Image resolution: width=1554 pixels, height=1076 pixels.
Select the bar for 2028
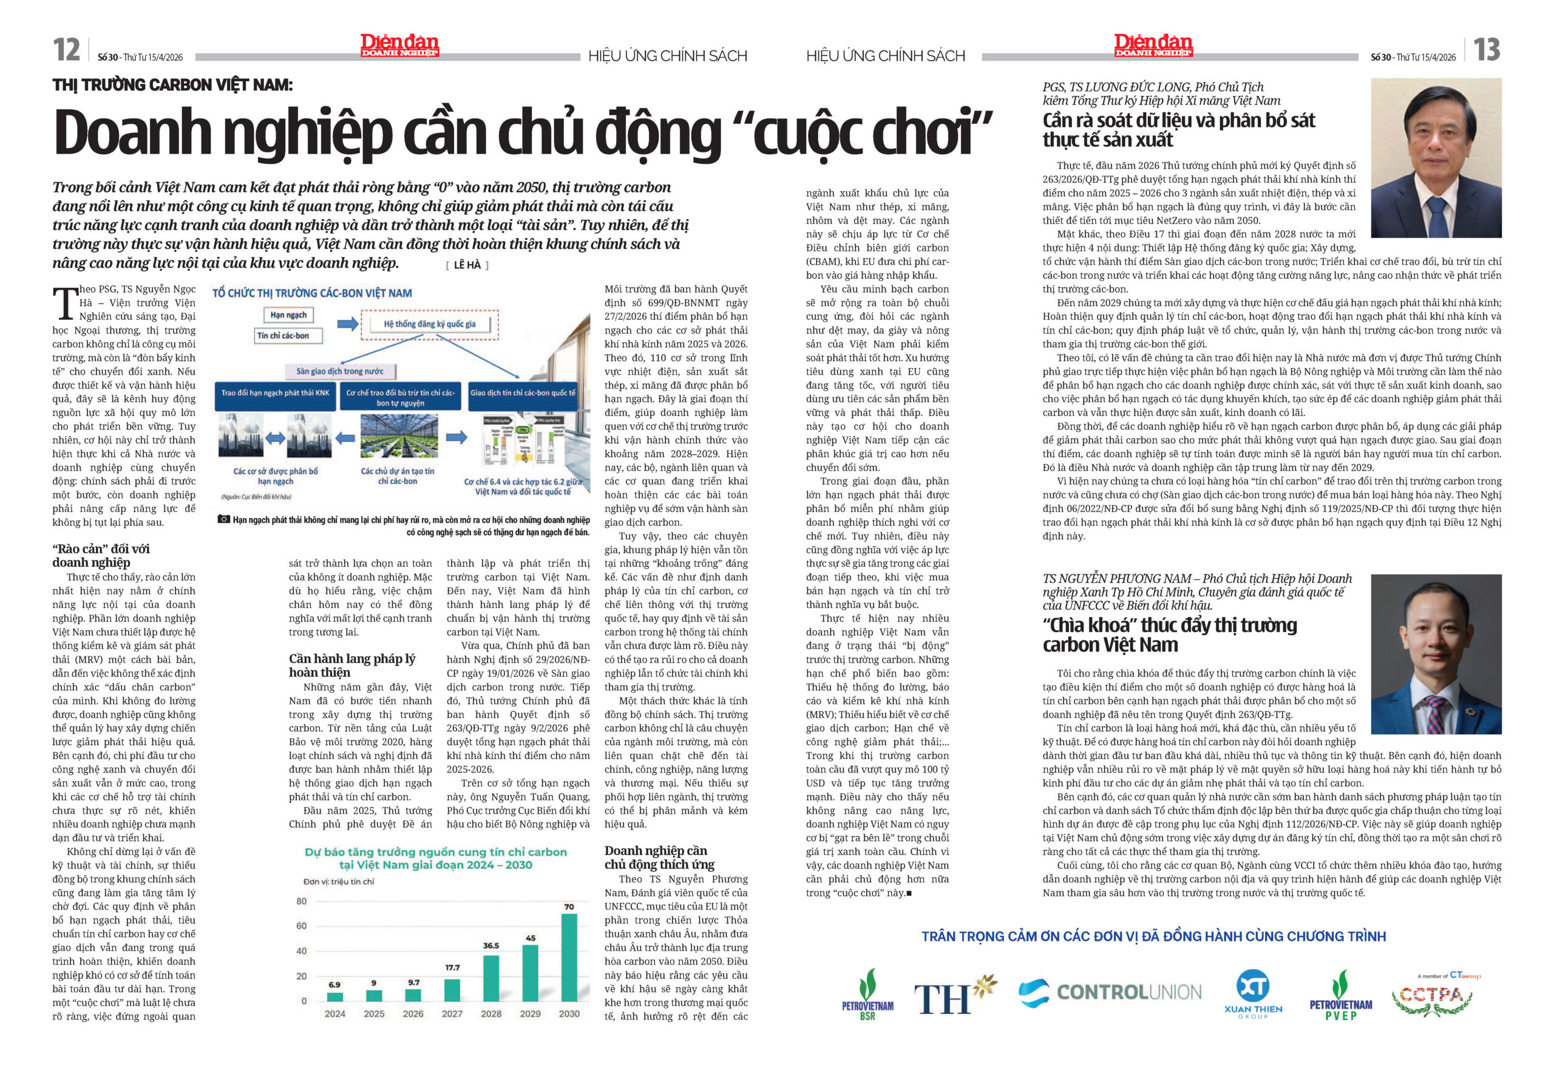tap(490, 978)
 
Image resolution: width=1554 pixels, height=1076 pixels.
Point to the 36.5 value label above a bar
tap(490, 945)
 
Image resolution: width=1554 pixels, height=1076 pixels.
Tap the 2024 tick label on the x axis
tap(335, 1013)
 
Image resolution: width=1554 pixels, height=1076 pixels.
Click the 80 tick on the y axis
tap(301, 901)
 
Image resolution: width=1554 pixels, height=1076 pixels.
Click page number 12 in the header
tap(67, 50)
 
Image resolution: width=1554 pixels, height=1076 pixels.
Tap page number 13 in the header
tap(1486, 50)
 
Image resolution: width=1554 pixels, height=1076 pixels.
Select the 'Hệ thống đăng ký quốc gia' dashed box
tap(430, 324)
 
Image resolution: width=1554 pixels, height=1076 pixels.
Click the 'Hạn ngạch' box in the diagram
tap(288, 315)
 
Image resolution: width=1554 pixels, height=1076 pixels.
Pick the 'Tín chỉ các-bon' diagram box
tap(283, 335)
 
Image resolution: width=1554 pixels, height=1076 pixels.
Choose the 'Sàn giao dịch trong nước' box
tap(340, 371)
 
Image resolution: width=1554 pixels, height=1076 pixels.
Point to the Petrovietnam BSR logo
tap(867, 994)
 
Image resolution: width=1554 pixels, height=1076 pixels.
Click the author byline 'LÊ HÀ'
tap(467, 265)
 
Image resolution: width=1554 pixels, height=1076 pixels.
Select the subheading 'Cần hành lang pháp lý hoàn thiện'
tap(351, 666)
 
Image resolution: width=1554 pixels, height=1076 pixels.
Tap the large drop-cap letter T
tap(65, 303)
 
